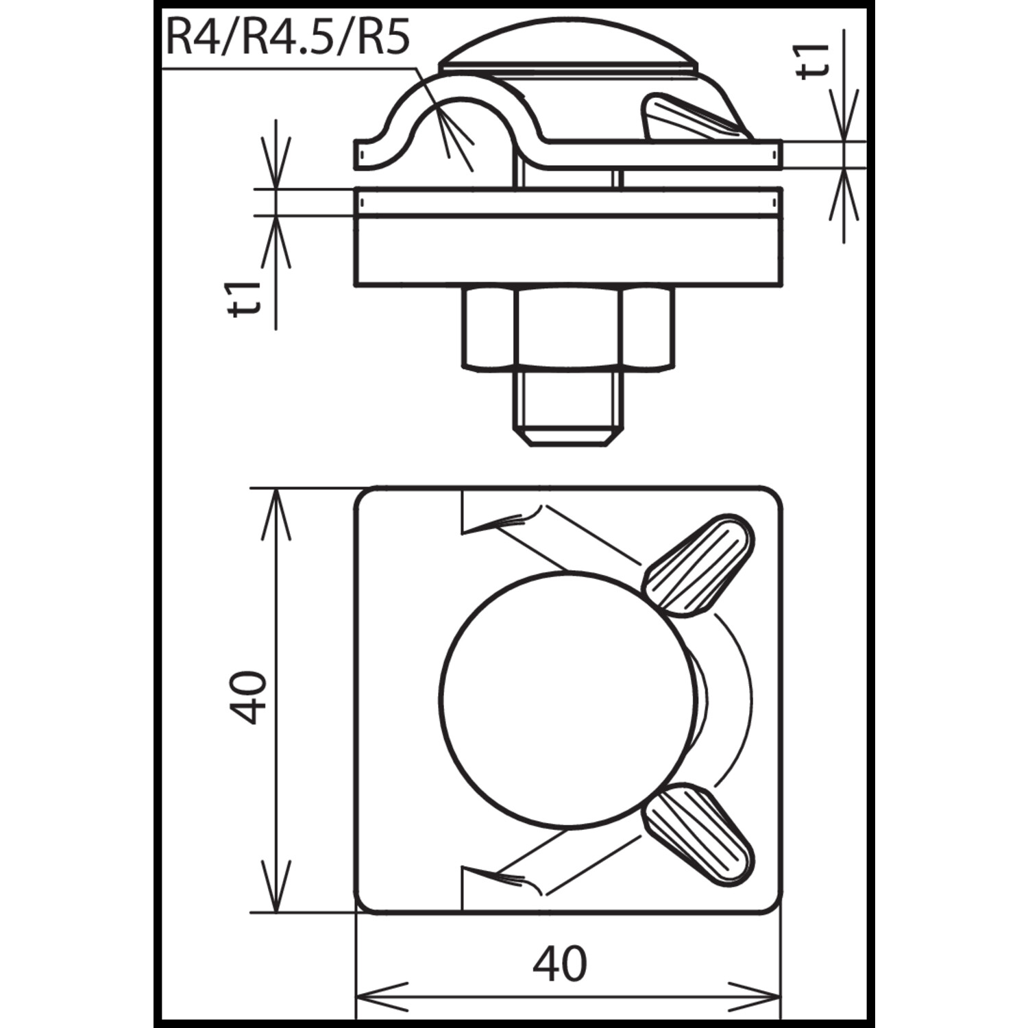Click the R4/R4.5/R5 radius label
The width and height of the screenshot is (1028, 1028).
(x=288, y=38)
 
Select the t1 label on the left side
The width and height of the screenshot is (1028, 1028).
(x=245, y=298)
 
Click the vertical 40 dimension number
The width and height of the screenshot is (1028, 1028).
(x=247, y=697)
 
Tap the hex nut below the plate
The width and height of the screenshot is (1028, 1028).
(x=568, y=328)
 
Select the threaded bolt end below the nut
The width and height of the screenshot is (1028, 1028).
(x=568, y=407)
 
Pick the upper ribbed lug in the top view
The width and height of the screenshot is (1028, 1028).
(x=697, y=563)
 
